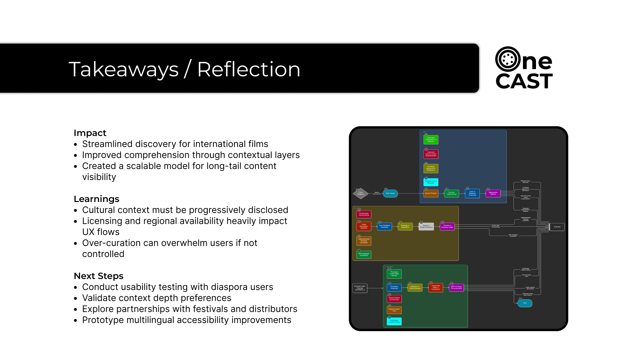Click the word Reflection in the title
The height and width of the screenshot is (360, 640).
tap(249, 69)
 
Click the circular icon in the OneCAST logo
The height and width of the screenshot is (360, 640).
tap(508, 59)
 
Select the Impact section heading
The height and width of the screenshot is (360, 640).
tap(90, 133)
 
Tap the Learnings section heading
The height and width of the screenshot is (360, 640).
tap(96, 199)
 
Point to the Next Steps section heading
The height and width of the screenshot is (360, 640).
tap(98, 276)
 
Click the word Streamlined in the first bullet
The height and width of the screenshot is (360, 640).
tap(107, 144)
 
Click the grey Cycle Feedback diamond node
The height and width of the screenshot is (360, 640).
tap(360, 193)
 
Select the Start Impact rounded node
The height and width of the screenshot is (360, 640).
tap(390, 193)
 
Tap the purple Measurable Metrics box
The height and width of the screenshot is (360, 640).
tap(493, 193)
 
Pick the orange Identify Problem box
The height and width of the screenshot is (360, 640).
tap(431, 193)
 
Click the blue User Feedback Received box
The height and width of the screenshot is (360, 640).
tap(384, 226)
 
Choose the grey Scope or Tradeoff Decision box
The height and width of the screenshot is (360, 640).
tap(426, 226)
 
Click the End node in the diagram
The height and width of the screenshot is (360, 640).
tap(525, 303)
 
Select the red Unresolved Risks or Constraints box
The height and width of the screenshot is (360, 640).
tap(436, 287)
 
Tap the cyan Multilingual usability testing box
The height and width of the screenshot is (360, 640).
tap(394, 321)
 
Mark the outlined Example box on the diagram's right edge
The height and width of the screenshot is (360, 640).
tap(557, 227)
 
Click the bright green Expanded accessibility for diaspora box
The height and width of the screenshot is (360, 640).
tap(431, 139)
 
